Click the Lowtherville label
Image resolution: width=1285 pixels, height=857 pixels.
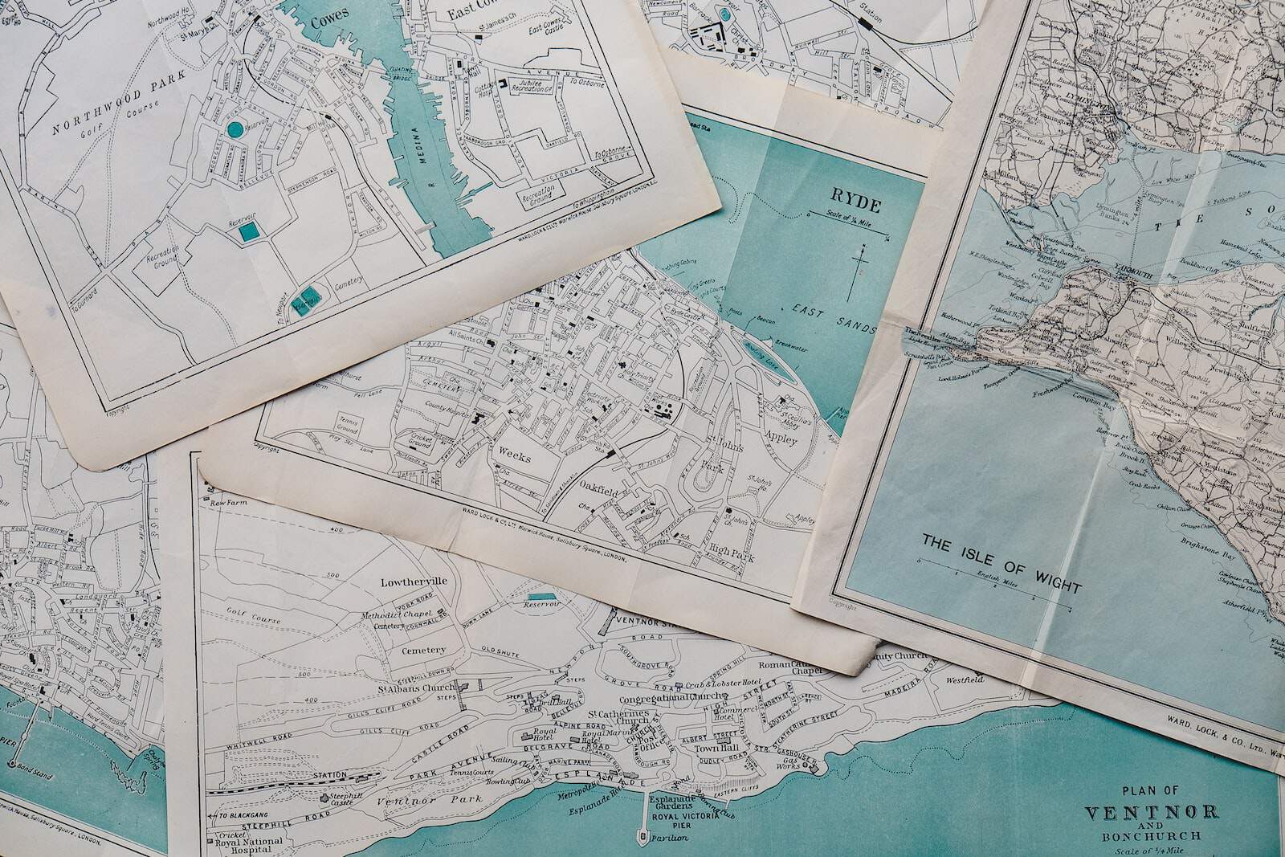coord(414,581)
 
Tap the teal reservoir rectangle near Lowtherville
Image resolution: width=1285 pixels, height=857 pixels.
coord(540,596)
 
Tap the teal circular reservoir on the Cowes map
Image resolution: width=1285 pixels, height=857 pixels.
coord(235,129)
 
